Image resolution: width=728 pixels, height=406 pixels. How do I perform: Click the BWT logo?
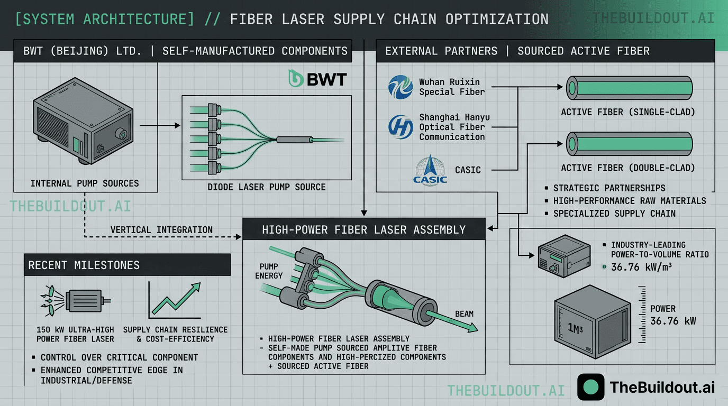tap(317, 79)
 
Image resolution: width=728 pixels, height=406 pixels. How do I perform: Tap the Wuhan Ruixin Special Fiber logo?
tap(400, 87)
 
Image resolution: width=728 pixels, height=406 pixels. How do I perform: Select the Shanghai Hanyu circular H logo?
tap(400, 127)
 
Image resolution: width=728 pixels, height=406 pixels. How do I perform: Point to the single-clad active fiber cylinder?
tap(629, 87)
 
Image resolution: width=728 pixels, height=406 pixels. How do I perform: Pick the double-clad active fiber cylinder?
tap(629, 143)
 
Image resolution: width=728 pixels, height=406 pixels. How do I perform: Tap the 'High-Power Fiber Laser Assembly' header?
tap(364, 229)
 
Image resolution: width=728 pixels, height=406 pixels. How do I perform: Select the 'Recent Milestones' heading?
tap(84, 265)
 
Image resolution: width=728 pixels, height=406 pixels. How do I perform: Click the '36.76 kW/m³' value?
tap(641, 267)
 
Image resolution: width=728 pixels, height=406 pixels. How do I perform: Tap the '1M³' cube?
tap(592, 326)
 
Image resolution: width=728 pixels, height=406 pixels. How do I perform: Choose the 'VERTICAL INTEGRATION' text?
tap(161, 229)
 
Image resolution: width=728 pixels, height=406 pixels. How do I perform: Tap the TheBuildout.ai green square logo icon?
tap(590, 387)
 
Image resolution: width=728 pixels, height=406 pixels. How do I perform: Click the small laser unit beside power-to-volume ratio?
tap(563, 255)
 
